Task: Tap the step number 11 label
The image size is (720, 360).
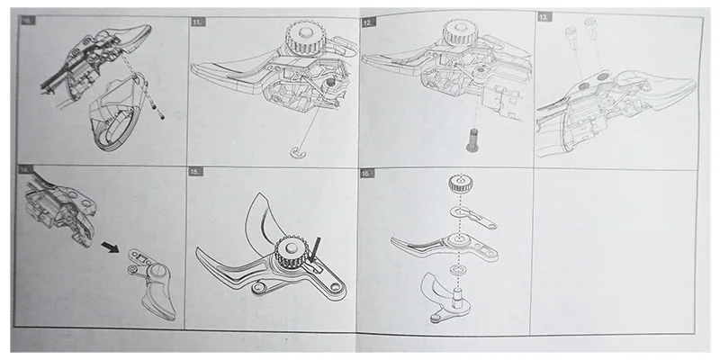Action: (x=198, y=19)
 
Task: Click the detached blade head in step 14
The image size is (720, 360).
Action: (x=151, y=279)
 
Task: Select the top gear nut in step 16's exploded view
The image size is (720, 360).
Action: (x=460, y=190)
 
